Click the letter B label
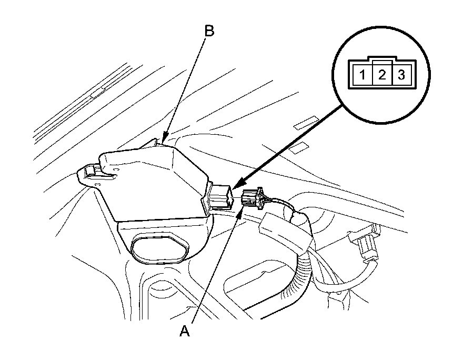(x=209, y=32)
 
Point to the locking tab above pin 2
(x=382, y=61)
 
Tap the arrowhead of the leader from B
(x=163, y=141)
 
